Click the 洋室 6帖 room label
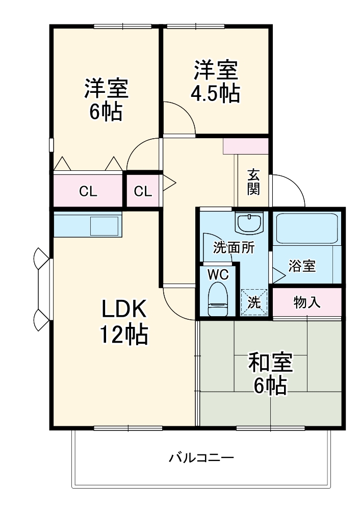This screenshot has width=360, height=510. click(x=106, y=99)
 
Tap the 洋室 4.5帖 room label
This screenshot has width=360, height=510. click(x=215, y=82)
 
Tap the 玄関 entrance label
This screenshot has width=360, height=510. click(x=253, y=182)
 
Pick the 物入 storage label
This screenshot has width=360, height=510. click(x=307, y=302)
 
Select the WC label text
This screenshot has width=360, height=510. click(x=218, y=273)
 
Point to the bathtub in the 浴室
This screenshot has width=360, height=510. click(x=307, y=228)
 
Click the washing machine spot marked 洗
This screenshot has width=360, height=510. click(x=253, y=302)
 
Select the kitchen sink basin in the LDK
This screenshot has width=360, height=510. click(x=105, y=224)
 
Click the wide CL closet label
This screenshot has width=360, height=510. click(x=88, y=191)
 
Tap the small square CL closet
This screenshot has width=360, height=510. click(x=143, y=191)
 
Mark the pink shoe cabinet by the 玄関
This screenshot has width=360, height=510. click(x=246, y=145)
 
